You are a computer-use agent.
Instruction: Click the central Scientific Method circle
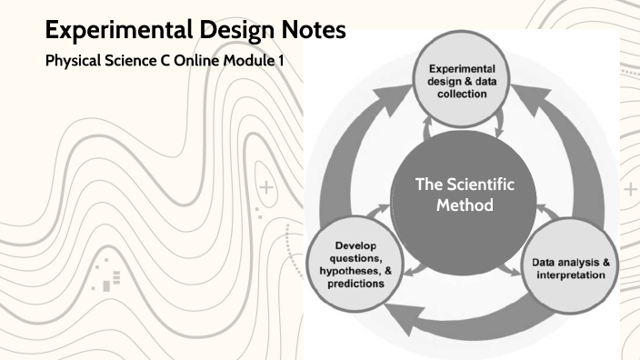[465, 194]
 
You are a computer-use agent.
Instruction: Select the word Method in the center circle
[465, 205]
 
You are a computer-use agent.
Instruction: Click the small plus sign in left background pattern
[266, 189]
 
